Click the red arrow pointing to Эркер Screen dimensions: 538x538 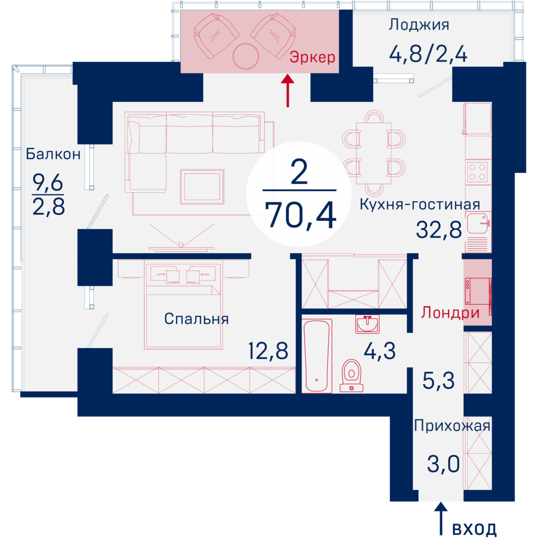287,91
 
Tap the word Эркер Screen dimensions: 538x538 312,57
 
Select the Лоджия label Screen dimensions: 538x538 419,25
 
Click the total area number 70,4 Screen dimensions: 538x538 301,215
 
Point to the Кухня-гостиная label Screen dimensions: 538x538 419,205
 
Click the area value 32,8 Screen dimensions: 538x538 439,229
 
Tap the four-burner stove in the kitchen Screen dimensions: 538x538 477,172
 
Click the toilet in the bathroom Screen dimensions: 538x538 351,376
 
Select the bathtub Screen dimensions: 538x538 317,355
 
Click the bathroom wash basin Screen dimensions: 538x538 367,324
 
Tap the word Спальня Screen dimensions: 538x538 196,319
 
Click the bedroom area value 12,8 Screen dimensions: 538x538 268,351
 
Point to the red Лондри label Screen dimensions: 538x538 450,313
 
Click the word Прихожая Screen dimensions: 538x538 452,426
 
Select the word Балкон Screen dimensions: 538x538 53,154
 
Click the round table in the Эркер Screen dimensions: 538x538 245,56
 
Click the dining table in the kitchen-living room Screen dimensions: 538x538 374,153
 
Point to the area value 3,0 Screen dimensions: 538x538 444,464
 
